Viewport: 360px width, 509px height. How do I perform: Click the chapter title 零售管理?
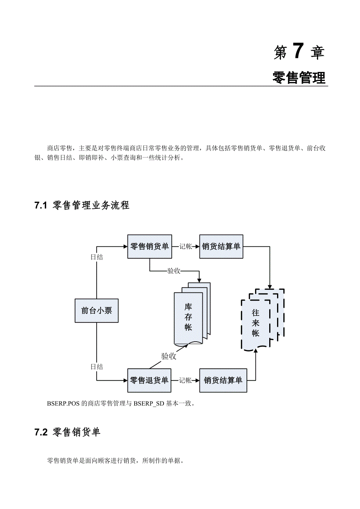click(299, 78)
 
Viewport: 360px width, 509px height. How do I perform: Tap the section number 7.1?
click(41, 206)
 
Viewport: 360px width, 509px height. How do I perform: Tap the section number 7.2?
click(41, 432)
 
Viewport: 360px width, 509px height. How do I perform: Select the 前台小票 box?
click(96, 311)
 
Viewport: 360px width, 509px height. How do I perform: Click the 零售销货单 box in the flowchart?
click(149, 247)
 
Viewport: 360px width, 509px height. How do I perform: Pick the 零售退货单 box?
click(149, 380)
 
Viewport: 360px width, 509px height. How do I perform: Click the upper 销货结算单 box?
click(221, 247)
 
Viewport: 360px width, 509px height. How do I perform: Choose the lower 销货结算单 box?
click(223, 380)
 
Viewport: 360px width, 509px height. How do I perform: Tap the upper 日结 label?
click(97, 257)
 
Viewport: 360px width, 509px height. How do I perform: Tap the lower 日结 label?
click(97, 367)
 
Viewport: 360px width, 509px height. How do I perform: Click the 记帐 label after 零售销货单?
click(185, 247)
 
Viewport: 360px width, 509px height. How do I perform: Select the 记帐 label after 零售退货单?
click(185, 380)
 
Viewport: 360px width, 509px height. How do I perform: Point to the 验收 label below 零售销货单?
click(174, 271)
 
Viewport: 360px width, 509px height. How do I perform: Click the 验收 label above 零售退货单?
click(169, 356)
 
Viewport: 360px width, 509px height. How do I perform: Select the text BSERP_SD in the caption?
click(149, 403)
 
